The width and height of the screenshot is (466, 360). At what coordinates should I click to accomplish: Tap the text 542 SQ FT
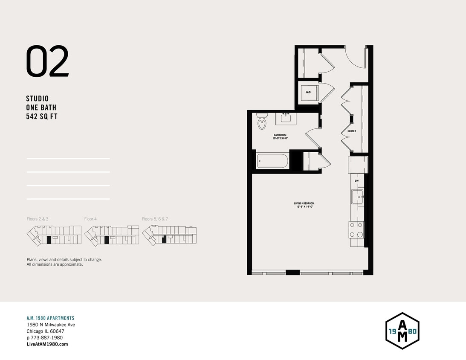click(41, 116)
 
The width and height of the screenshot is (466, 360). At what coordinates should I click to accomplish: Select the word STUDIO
click(38, 99)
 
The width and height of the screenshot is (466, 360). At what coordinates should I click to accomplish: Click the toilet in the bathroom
click(262, 122)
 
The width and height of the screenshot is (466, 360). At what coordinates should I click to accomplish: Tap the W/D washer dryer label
click(308, 92)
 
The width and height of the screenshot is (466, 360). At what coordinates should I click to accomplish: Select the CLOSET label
click(352, 131)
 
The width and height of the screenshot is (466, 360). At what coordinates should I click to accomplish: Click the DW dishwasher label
click(357, 181)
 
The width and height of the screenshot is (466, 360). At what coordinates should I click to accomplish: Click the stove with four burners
click(357, 229)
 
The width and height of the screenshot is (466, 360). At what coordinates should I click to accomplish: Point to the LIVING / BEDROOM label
click(304, 203)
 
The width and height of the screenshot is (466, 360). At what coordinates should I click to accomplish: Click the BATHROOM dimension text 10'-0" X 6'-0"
click(280, 139)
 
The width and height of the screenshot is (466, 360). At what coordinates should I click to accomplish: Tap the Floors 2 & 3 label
click(38, 219)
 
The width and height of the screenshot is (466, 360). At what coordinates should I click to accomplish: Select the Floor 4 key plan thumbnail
click(112, 235)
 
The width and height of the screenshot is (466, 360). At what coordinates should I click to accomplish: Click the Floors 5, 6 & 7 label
click(155, 219)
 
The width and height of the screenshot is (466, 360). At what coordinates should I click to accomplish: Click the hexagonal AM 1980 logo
click(402, 331)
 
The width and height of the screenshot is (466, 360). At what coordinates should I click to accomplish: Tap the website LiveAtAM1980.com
click(47, 344)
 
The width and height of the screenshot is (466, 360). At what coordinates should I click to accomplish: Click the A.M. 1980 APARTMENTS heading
click(50, 318)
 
